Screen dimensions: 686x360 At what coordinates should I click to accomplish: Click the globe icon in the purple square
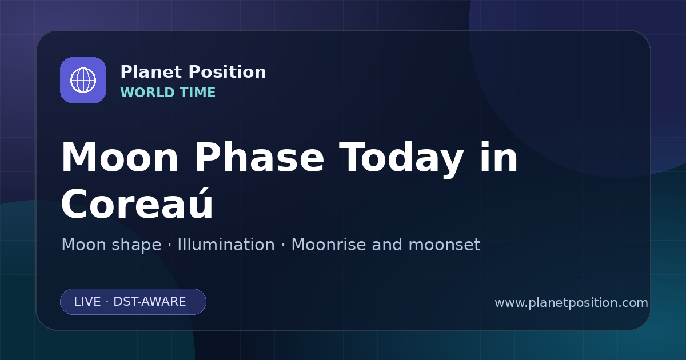point(83,80)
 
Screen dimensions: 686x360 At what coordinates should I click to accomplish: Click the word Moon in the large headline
point(119,158)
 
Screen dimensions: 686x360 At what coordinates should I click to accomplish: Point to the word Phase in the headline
point(260,158)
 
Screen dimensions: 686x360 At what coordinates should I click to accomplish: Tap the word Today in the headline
point(401,159)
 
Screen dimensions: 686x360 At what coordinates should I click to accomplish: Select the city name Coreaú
point(137,203)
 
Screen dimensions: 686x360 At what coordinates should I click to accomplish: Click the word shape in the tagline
point(136,246)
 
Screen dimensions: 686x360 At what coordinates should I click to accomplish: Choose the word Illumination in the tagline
point(226,245)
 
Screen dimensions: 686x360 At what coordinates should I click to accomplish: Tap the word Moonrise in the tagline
point(328,245)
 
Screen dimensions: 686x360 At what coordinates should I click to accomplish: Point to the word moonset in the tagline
point(444,245)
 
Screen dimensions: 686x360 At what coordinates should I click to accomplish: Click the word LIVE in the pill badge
point(87,302)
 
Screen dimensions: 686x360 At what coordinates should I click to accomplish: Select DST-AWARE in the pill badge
point(149,302)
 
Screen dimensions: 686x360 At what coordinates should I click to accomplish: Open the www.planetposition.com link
point(571,303)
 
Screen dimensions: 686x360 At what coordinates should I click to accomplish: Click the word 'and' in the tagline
point(387,245)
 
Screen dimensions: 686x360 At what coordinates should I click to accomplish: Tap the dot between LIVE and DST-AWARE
point(107,302)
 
